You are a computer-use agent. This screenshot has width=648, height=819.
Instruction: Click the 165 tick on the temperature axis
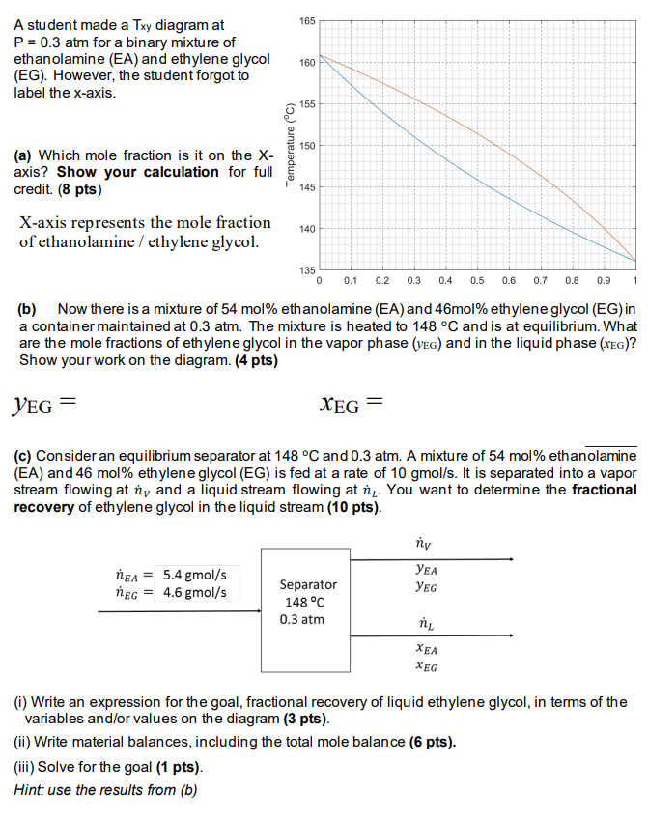tap(307, 19)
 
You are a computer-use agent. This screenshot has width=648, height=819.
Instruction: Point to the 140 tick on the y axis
tap(307, 229)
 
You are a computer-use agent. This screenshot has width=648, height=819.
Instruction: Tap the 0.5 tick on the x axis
tap(477, 280)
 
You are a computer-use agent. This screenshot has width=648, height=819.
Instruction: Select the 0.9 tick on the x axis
tap(604, 280)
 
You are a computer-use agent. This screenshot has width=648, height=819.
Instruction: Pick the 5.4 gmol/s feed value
tap(196, 573)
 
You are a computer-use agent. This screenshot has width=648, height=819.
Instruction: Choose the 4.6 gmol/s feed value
tap(196, 591)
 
